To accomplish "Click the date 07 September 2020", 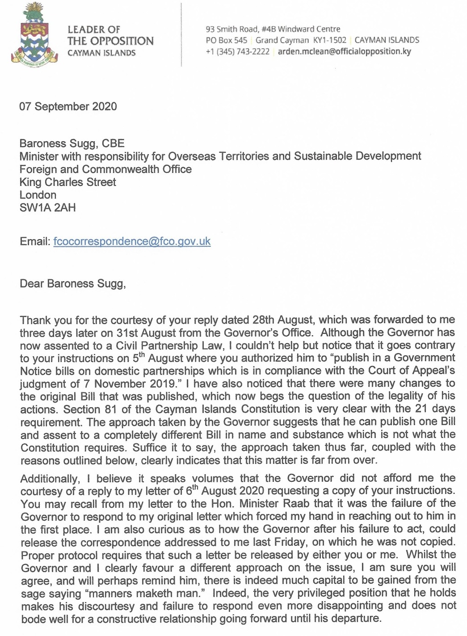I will [68, 106].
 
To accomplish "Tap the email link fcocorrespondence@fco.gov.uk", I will [132, 241].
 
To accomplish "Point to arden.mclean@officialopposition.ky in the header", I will [344, 51].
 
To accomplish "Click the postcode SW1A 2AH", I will [48, 208].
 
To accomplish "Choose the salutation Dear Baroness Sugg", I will [73, 284].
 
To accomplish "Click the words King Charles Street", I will [68, 182].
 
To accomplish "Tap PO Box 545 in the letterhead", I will [226, 40].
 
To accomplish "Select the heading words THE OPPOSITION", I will [110, 41].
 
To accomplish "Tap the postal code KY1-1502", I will [330, 40].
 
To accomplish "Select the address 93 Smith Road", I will [231, 29].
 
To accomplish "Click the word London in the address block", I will [38, 195].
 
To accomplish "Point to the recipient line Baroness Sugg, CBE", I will [72, 143].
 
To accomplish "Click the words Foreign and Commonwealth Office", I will [105, 169].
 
